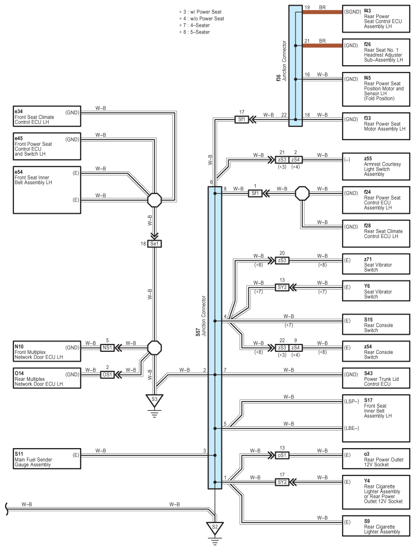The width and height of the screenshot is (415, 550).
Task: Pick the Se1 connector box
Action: [x=155, y=243]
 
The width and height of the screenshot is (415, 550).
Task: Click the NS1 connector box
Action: [x=108, y=348]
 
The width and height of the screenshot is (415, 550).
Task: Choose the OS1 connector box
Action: [x=108, y=374]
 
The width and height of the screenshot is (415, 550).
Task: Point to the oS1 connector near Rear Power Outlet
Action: [x=281, y=455]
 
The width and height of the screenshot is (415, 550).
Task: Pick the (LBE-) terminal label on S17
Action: [x=351, y=427]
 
